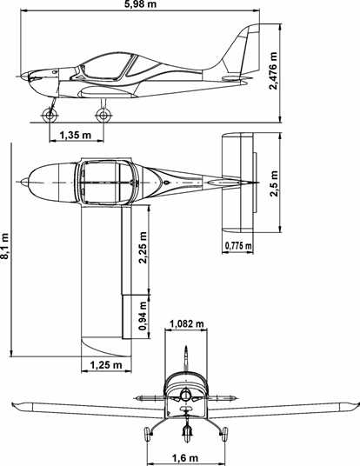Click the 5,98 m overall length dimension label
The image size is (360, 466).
click(x=141, y=4)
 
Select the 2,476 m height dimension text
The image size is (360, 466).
click(x=273, y=70)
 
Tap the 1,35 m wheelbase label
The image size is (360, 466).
click(x=76, y=136)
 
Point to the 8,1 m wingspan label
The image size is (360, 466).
click(x=5, y=245)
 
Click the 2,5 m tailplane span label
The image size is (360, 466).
click(x=274, y=183)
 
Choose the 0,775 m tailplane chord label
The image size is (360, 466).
click(x=238, y=246)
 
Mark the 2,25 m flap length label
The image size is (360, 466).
click(x=143, y=248)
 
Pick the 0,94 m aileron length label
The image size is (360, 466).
click(x=143, y=316)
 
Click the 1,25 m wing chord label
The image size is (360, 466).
click(x=106, y=364)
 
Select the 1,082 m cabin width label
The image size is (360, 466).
click(x=186, y=323)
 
